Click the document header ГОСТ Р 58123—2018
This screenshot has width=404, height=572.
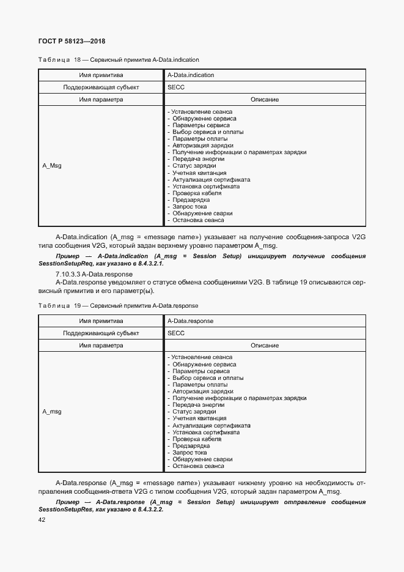coord(72,41)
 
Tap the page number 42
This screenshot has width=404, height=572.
coord(42,520)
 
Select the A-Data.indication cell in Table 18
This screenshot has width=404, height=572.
coord(191,75)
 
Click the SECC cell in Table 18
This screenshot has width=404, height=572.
coord(176,87)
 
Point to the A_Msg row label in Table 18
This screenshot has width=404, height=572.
coord(51,166)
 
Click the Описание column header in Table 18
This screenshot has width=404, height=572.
coord(265,99)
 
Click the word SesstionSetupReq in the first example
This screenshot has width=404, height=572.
coord(64,264)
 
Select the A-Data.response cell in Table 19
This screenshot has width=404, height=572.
coord(190,321)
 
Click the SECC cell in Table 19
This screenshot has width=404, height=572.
coord(176,333)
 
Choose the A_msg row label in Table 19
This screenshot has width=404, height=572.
coord(51,412)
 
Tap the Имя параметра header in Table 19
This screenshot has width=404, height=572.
coord(101,346)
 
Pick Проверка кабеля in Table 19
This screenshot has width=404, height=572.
coord(196,439)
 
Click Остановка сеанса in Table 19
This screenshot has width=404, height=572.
coord(198,466)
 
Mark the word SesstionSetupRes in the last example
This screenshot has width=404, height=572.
coord(64,510)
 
